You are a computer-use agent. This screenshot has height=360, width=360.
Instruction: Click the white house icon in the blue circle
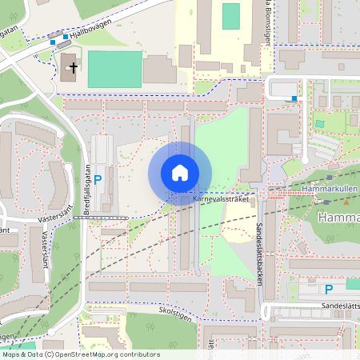[x=180, y=173]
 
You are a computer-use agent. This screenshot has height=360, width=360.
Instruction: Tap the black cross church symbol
[x=72, y=68]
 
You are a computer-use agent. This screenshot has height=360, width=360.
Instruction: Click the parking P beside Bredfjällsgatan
[x=98, y=180]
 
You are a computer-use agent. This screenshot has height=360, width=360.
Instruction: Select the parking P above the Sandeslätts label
[x=328, y=289]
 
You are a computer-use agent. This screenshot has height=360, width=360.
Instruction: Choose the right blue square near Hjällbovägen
[x=66, y=37]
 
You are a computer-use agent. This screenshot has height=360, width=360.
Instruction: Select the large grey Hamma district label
[x=338, y=218]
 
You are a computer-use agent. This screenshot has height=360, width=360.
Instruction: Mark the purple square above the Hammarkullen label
[x=329, y=177]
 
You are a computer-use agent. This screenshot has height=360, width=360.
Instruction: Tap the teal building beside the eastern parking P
[x=353, y=284]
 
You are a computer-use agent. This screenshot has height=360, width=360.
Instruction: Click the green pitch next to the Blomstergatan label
[x=230, y=16]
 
